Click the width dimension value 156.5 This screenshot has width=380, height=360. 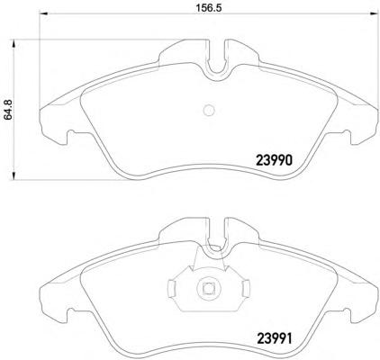tap(209, 8)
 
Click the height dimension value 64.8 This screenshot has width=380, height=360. tap(8, 110)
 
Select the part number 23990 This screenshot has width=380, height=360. tap(274, 160)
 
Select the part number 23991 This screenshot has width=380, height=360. tap(274, 338)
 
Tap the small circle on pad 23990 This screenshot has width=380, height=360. tap(209, 111)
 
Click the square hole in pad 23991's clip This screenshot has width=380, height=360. tap(208, 288)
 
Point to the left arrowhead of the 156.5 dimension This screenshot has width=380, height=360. tap(44, 13)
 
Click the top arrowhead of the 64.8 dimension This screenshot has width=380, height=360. tap(14, 43)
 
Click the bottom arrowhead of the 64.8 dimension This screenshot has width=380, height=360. tap(14, 175)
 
